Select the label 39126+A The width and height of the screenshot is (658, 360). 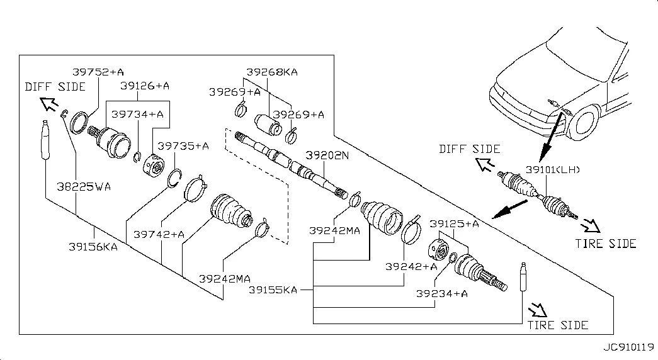pos(144,85)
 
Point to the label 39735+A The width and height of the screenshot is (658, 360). pos(183,145)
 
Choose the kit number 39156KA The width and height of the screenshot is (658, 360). pos(93,247)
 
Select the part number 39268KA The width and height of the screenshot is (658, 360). pos(272,72)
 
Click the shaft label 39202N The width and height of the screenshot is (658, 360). pos(327,154)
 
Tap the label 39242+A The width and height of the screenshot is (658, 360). pos(411,266)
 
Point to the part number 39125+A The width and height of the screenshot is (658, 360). pos(454,223)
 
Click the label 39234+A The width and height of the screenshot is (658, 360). pos(441,293)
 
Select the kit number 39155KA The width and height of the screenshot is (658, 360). pos(273,290)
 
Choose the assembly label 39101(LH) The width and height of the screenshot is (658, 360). pos(552,170)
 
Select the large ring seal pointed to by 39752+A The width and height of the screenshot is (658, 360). pos(79,122)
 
